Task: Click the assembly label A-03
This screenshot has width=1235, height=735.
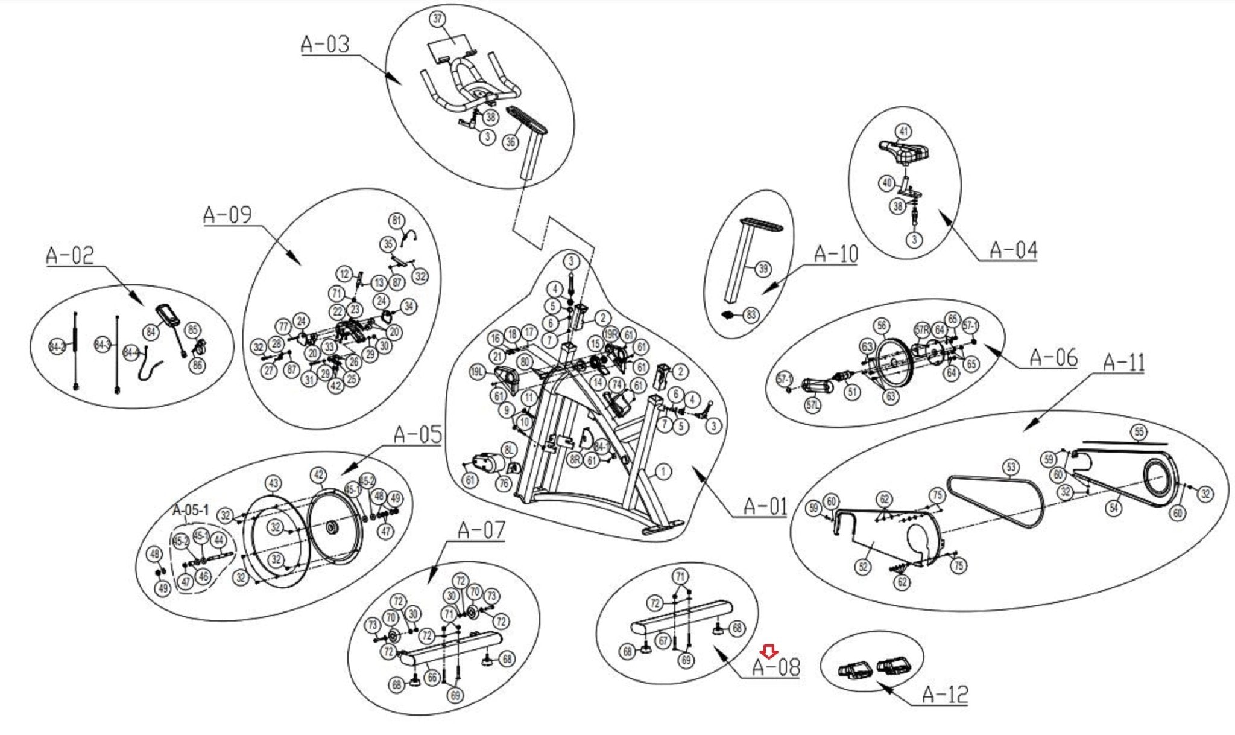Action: click(x=325, y=44)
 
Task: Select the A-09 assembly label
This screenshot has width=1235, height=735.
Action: click(x=227, y=215)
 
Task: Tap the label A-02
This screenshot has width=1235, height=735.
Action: click(x=70, y=255)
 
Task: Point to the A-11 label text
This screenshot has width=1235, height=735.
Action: click(x=1123, y=363)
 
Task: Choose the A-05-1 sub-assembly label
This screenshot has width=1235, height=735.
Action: click(x=191, y=511)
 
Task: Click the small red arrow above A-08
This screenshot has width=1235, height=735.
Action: click(x=769, y=652)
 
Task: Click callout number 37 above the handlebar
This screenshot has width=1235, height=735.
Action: click(x=437, y=19)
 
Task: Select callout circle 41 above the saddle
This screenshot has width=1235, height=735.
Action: click(x=903, y=132)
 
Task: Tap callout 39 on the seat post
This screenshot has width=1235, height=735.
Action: click(x=763, y=269)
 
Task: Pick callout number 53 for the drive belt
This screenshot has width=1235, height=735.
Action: click(x=1011, y=467)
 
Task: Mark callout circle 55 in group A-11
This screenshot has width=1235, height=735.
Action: click(x=1139, y=432)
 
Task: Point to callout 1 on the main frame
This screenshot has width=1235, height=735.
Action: click(x=663, y=471)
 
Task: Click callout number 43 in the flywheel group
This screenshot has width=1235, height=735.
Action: click(x=274, y=483)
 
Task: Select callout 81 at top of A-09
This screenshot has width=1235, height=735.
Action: click(x=396, y=220)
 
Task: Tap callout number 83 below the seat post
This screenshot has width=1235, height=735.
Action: click(x=751, y=315)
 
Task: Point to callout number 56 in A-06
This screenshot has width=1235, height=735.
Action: click(x=882, y=326)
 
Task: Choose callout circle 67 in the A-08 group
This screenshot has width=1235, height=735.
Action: click(x=663, y=640)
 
